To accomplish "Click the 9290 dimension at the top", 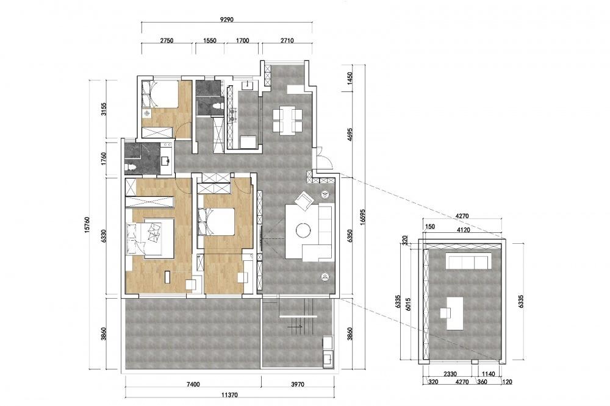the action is click(226, 20).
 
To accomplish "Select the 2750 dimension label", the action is click(167, 40).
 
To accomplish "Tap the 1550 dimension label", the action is click(210, 40).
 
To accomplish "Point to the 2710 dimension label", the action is click(287, 40).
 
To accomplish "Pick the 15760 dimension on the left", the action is click(87, 225).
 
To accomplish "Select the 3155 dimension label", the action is click(104, 109).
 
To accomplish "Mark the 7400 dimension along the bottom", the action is click(193, 385).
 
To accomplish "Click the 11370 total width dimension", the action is click(229, 395).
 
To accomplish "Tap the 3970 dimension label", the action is click(298, 385).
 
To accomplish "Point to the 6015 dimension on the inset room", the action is click(407, 304).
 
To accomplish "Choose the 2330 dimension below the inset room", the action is click(450, 374).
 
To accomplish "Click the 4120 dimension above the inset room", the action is click(464, 230).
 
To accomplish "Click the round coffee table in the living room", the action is click(303, 229).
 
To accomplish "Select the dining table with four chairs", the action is click(287, 120).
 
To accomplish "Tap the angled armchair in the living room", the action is click(304, 201).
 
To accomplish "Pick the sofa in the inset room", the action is click(468, 261).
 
